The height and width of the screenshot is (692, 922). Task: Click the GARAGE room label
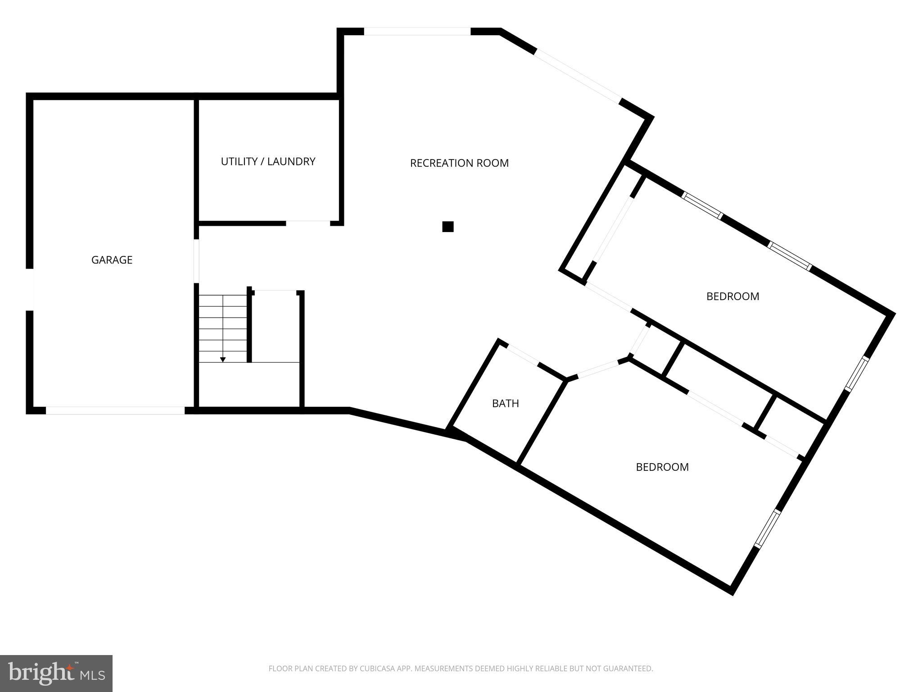pyautogui.click(x=112, y=260)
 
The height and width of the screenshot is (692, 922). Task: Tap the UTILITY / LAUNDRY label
pyautogui.click(x=268, y=161)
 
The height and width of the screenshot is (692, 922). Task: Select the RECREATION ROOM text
pyautogui.click(x=459, y=163)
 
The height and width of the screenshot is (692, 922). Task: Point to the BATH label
pyautogui.click(x=505, y=404)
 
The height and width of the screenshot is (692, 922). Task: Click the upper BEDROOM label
pyautogui.click(x=732, y=296)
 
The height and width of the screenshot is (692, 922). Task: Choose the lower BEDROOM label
pyautogui.click(x=662, y=467)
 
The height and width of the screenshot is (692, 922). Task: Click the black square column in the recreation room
pyautogui.click(x=447, y=227)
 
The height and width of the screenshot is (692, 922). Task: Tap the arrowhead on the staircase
pyautogui.click(x=223, y=360)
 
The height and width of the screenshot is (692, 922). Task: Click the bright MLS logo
pyautogui.click(x=56, y=673)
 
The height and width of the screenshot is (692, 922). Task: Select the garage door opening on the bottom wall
pyautogui.click(x=115, y=410)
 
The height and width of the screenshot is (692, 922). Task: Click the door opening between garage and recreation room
pyautogui.click(x=196, y=261)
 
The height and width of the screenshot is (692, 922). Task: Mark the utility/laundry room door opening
pyautogui.click(x=308, y=223)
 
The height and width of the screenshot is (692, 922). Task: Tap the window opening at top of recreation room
pyautogui.click(x=417, y=32)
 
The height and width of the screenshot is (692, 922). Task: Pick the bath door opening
pyautogui.click(x=523, y=354)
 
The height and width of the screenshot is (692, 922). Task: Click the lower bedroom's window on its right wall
pyautogui.click(x=767, y=529)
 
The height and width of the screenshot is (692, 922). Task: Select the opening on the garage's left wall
pyautogui.click(x=30, y=290)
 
